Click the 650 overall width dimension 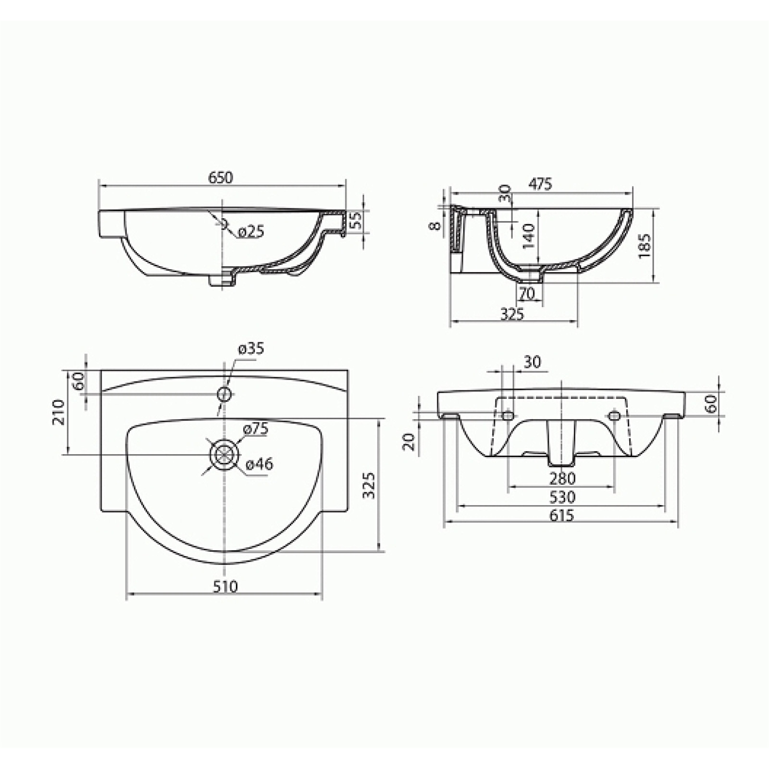pos(221,177)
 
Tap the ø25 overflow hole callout pos(251,232)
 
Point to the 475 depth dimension pos(540,184)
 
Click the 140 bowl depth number pos(529,236)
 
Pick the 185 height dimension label pos(645,246)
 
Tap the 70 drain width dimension pos(527,294)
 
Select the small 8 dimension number pos(435,225)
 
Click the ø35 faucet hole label pos(251,348)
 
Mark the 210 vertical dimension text pos(59,411)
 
